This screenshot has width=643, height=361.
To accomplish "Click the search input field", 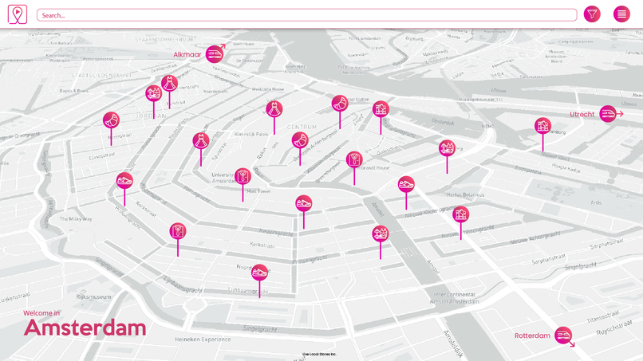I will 306,15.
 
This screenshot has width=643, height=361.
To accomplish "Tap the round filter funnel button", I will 592,14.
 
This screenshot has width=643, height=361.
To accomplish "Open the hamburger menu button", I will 621,14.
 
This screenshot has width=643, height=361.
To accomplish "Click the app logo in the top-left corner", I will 17,14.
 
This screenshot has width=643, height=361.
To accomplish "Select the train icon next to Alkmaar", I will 214,54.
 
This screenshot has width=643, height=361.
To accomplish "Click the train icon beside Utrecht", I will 608,114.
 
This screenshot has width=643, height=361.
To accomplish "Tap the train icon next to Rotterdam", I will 563,335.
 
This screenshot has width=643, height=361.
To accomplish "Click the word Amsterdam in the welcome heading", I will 85,328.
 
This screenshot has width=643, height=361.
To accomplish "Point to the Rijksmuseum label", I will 93,296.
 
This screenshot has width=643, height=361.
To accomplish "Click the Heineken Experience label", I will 203,339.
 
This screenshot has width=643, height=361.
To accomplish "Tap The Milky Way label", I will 76,218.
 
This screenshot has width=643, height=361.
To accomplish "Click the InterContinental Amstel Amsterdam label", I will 452,298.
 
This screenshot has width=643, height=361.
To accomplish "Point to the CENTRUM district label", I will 302,128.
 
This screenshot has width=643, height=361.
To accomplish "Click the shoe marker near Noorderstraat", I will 259,272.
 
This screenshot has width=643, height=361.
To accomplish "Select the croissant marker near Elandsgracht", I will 111,120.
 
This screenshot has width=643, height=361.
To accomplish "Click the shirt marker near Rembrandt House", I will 354,160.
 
